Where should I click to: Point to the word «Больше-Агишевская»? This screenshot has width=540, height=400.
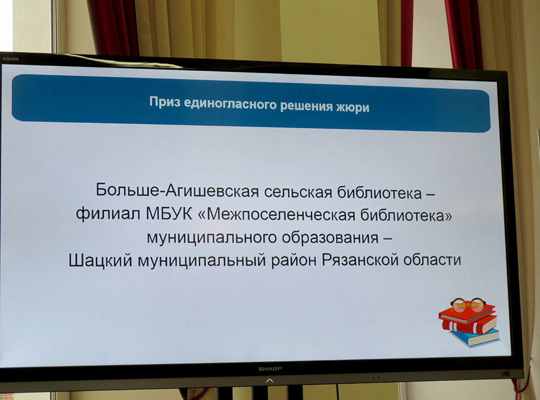[177, 191]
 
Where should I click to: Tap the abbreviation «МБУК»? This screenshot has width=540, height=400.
[169, 214]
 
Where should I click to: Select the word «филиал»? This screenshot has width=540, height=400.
[108, 213]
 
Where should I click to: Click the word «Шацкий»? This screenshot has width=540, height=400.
[100, 260]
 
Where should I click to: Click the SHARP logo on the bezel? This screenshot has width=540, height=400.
[270, 369]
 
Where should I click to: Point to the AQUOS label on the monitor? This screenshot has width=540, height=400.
[11, 59]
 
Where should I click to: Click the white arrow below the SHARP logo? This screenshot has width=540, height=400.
[269, 381]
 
